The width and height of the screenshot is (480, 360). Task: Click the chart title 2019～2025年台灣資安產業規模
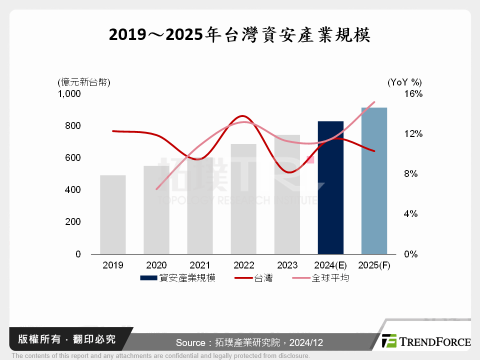click(239, 35)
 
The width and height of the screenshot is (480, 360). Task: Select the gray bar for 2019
click(112, 215)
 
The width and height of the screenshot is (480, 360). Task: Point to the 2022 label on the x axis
click(243, 265)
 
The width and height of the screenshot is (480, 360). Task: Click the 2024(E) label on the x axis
click(330, 265)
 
